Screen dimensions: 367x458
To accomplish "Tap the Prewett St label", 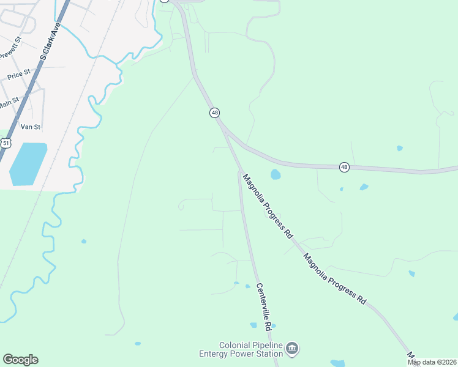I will (x=10, y=48).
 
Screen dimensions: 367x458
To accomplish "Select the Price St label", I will (x=18, y=75).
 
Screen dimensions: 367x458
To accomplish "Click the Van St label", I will (x=30, y=127).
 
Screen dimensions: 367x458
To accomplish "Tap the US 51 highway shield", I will (x=6, y=143).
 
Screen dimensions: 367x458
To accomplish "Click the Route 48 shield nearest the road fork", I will (x=214, y=113).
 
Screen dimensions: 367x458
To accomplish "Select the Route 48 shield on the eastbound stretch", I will (x=344, y=167).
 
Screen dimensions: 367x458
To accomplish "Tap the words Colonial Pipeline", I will (x=251, y=345).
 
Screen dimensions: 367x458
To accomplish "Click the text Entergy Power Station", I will (x=241, y=354).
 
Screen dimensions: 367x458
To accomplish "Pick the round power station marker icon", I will (x=292, y=349).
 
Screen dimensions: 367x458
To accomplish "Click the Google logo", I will (x=20, y=360).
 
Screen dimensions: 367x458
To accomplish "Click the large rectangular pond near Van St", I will (x=28, y=164).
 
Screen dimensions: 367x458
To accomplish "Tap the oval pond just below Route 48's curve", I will (x=276, y=175).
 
